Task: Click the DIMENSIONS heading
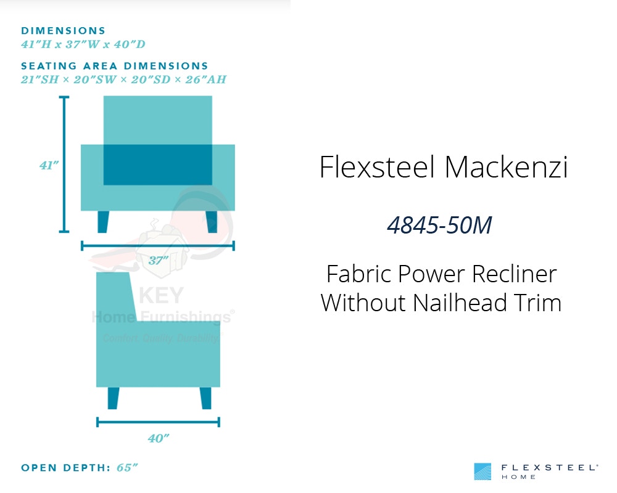point(64,31)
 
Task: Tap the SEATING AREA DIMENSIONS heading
point(115,66)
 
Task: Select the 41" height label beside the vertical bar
point(49,165)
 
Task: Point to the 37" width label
point(158,260)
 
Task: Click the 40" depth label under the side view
point(159,438)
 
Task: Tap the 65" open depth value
point(127,468)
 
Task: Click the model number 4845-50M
point(439,226)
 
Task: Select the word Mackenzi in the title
point(507,167)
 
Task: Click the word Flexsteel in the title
point(378,167)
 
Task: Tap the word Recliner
point(515,274)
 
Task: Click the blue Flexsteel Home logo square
point(482,471)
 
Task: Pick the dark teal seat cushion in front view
point(158,165)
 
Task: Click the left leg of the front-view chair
point(103,222)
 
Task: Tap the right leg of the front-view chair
point(212,222)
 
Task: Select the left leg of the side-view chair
point(113,398)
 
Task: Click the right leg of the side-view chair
point(206,398)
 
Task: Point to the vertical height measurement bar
point(64,164)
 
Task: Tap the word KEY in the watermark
point(161,295)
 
